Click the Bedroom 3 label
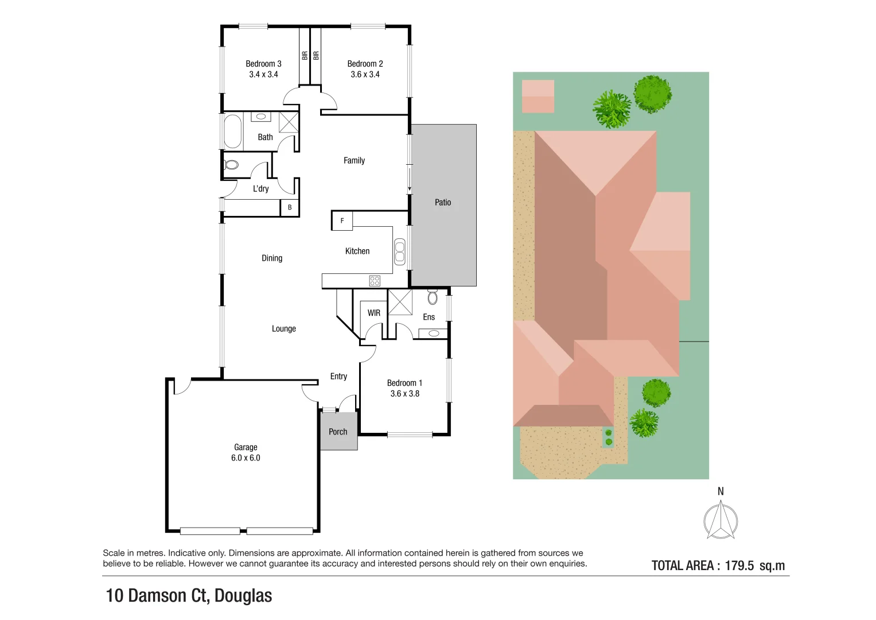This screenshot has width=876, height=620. coord(263,64)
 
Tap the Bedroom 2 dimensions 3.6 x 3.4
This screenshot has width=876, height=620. coord(365,75)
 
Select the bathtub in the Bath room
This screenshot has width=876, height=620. coord(232,131)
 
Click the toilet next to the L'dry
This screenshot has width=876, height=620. coord(231,165)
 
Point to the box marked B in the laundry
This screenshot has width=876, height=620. coord(290,207)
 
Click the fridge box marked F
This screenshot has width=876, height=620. coord(342,220)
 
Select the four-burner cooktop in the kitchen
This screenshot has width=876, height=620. coord(375,281)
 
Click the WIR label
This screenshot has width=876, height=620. coord(373,313)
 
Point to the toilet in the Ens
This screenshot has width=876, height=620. coord(433,297)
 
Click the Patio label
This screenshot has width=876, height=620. coord(443,203)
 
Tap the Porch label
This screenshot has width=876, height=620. coord(338,432)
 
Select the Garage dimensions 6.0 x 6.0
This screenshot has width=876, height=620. coord(246,458)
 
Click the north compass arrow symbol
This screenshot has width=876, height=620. coord(721,520)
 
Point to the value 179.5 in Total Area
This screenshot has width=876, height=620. coord(739,565)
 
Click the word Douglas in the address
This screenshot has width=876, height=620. coord(243,596)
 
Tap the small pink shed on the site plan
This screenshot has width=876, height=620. coord(538,96)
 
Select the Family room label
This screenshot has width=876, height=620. coord(354,161)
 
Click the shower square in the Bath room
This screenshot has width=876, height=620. coord(289,123)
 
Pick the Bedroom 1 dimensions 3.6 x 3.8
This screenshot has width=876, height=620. coord(404,394)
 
